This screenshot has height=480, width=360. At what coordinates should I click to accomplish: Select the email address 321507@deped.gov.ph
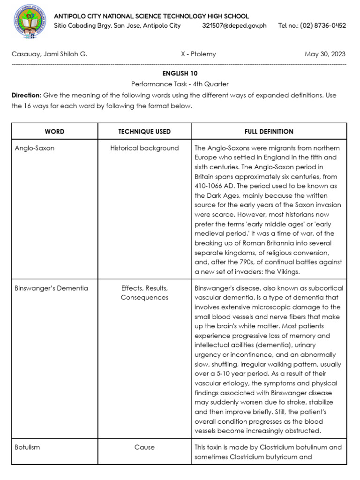[x=234, y=25]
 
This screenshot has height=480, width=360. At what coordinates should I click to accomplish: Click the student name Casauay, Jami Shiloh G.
[x=49, y=54]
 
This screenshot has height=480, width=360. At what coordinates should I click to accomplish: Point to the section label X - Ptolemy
[x=198, y=54]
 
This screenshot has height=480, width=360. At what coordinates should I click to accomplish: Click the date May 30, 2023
[x=325, y=54]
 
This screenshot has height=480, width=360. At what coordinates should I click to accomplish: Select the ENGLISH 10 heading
[x=180, y=74]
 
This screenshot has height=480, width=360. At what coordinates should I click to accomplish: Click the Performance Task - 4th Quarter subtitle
[x=180, y=84]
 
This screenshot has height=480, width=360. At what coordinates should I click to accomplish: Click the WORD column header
[x=54, y=132]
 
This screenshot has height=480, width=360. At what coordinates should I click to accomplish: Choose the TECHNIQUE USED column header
[x=144, y=132]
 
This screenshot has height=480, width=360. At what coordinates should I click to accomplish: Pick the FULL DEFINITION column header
[x=269, y=132]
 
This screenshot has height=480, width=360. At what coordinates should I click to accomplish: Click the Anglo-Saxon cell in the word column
[x=35, y=148]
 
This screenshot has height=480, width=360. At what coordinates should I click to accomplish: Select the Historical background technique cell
[x=144, y=148]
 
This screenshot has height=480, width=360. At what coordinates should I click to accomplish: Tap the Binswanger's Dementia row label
[x=51, y=288]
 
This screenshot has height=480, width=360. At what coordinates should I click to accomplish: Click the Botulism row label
[x=27, y=447]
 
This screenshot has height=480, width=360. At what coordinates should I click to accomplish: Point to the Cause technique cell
[x=144, y=447]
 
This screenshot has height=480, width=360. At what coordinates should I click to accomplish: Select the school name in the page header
[x=151, y=16]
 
